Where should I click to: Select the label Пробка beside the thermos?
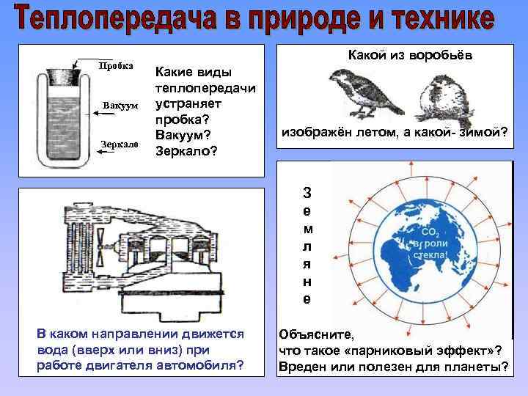(x=115, y=65)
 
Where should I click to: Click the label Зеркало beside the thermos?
(x=117, y=144)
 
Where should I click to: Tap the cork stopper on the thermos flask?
(x=62, y=75)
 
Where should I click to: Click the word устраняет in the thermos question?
(x=187, y=103)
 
